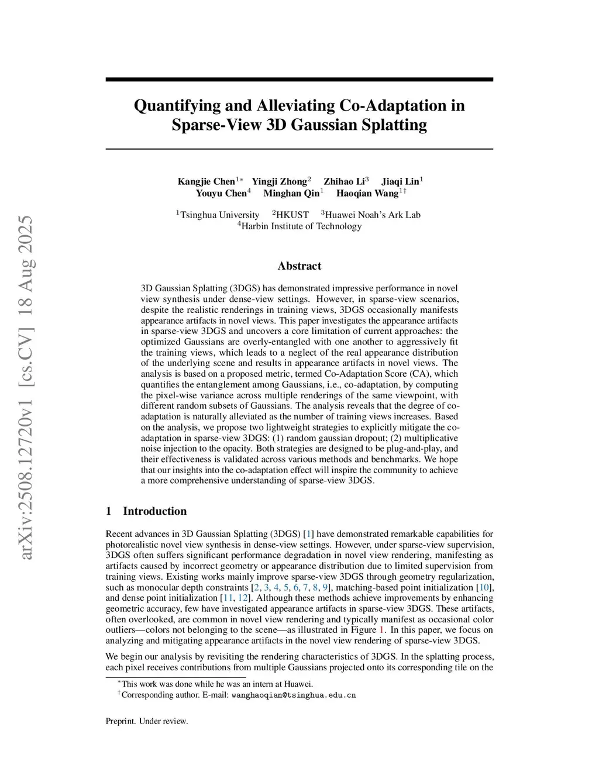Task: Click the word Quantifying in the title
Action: click(x=177, y=106)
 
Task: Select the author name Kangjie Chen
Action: click(x=206, y=181)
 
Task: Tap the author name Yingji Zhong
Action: click(x=279, y=181)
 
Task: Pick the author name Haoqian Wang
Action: click(x=367, y=193)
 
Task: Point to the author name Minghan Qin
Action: click(x=291, y=193)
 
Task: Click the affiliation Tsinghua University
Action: click(x=219, y=215)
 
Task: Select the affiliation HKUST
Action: click(x=292, y=215)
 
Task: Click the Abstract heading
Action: click(x=299, y=266)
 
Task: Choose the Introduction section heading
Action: click(x=154, y=511)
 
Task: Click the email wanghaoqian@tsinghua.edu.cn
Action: click(x=294, y=695)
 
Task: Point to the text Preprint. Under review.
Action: click(x=147, y=721)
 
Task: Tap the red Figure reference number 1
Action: click(x=382, y=630)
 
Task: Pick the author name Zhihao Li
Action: click(x=344, y=181)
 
